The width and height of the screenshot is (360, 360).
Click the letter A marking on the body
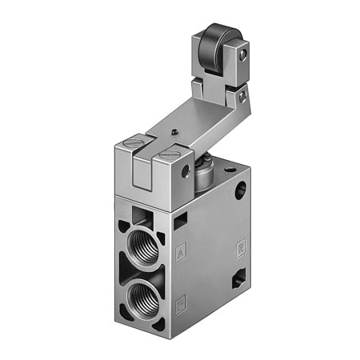[182, 250]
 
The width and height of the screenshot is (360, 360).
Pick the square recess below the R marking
[239, 279]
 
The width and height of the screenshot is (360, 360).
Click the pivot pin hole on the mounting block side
[186, 171]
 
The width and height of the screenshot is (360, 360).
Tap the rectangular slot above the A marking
[181, 220]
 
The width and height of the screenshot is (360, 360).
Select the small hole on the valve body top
[231, 170]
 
